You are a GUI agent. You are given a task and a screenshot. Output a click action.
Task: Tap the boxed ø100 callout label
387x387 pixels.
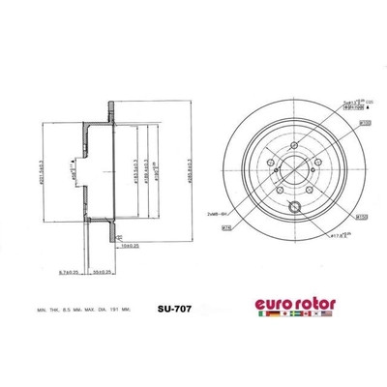pyautogui.click(x=341, y=124)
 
